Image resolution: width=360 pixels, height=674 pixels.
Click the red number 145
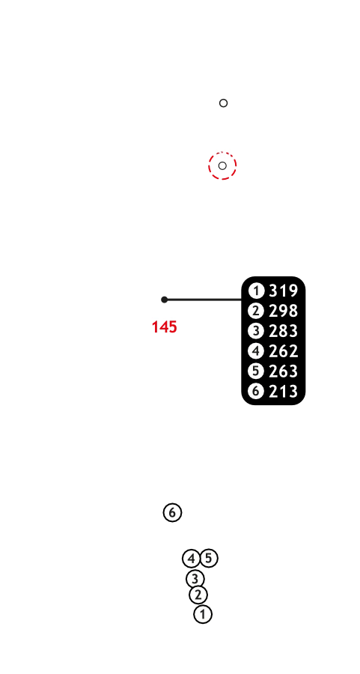[x=165, y=327]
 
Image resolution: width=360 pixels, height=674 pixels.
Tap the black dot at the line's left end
[x=165, y=300]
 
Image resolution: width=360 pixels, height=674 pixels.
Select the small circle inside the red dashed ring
[x=222, y=166]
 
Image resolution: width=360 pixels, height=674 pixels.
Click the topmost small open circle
[x=223, y=103]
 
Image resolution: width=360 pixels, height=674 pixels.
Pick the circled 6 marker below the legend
[x=172, y=512]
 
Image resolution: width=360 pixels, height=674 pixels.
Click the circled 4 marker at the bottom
[x=191, y=559]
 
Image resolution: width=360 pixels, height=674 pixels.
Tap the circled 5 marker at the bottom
[x=209, y=559]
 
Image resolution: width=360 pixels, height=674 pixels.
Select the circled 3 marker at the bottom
[x=195, y=579]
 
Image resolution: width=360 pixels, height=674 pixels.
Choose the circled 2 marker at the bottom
[x=198, y=595]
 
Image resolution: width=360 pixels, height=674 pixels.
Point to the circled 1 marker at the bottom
[x=203, y=614]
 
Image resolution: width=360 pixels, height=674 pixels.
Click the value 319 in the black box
[x=283, y=291]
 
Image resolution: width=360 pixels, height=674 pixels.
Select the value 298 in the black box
[x=283, y=311]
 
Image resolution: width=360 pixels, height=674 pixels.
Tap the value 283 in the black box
[x=283, y=331]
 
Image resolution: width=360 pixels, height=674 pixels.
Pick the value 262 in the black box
[x=283, y=351]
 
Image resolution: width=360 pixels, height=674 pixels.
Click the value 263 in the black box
[x=283, y=371]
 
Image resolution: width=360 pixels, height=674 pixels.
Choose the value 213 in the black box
[x=283, y=391]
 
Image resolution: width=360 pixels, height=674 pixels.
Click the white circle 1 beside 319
[x=256, y=291]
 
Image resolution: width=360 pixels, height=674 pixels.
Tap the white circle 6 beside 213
[x=256, y=391]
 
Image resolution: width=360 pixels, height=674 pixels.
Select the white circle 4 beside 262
[x=256, y=351]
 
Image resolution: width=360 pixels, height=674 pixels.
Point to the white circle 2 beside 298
[x=256, y=311]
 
